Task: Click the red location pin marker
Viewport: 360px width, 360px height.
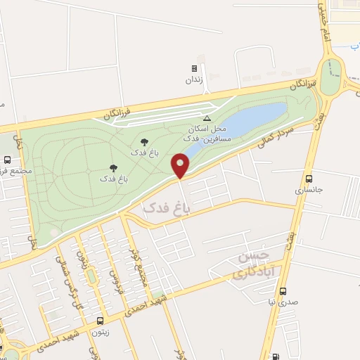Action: point(180,166)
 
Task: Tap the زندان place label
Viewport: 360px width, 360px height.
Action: point(193,79)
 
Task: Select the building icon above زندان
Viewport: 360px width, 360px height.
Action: point(193,69)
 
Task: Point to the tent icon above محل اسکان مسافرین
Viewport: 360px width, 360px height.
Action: point(207,118)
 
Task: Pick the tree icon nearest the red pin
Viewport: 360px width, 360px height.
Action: point(144,142)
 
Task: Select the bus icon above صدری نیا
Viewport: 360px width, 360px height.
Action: point(283,291)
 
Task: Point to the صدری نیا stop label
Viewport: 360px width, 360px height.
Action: point(283,303)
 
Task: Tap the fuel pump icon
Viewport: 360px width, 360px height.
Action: point(274,356)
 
